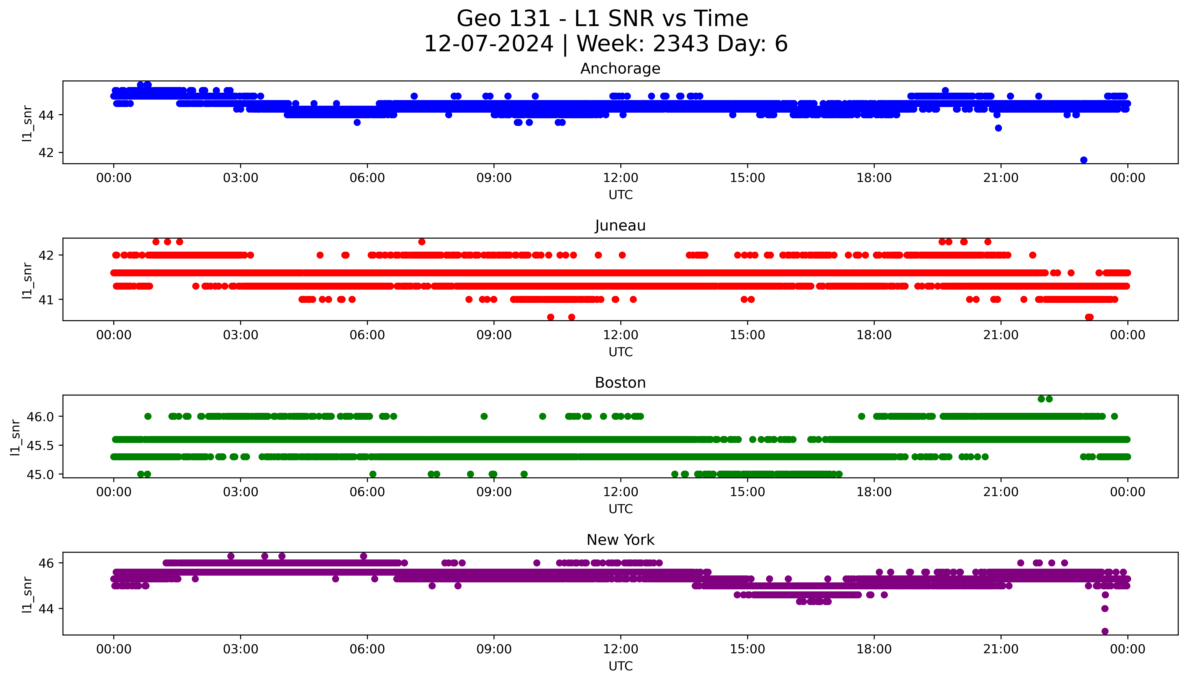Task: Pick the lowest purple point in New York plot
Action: tap(1105, 631)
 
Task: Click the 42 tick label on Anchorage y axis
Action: tap(46, 153)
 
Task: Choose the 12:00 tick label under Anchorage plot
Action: tap(620, 178)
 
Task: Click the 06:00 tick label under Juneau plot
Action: tap(367, 335)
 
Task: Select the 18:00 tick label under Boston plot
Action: tap(874, 492)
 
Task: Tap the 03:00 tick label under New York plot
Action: tap(240, 649)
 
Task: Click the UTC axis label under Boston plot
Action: tap(620, 509)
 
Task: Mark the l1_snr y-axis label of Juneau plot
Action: tap(27, 280)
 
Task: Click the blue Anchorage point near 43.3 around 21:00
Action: tap(998, 128)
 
